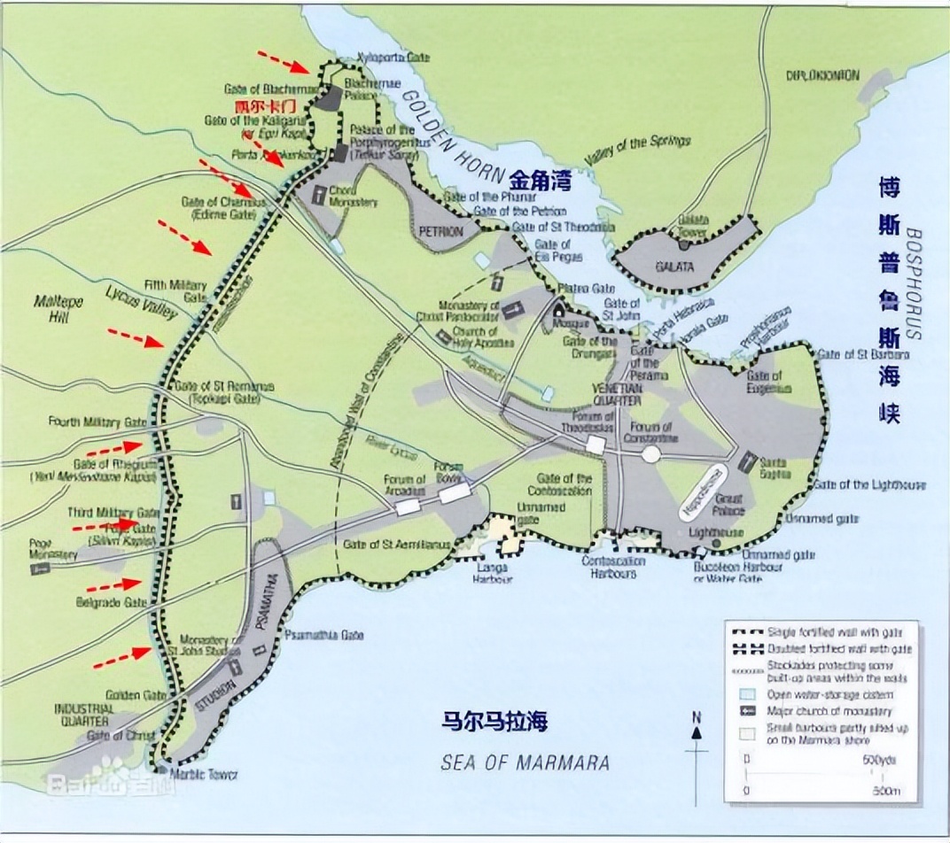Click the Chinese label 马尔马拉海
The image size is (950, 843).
click(494, 721)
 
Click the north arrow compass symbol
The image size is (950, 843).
click(697, 728)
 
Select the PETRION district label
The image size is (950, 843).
click(436, 232)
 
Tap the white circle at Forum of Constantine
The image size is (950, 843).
click(651, 454)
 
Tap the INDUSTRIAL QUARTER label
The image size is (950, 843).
click(84, 715)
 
